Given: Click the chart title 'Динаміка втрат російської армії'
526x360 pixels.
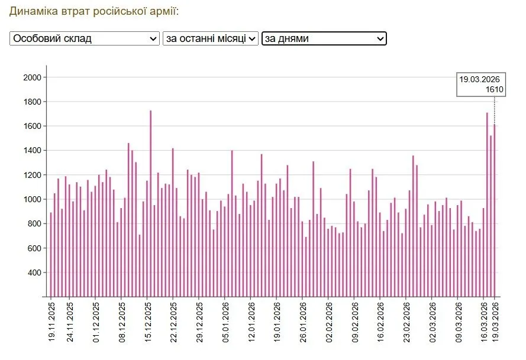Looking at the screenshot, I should [94, 11].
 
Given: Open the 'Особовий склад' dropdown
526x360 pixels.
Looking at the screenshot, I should [85, 38].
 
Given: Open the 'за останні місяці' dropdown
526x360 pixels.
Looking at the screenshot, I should [210, 38].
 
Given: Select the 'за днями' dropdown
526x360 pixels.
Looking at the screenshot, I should [324, 38].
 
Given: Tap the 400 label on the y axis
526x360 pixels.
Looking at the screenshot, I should [34, 273].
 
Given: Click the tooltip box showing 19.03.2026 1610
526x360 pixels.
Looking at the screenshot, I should [480, 85].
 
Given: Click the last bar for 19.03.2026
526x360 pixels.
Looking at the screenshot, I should [495, 210].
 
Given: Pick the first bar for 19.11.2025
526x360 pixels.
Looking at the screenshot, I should [51, 255].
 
